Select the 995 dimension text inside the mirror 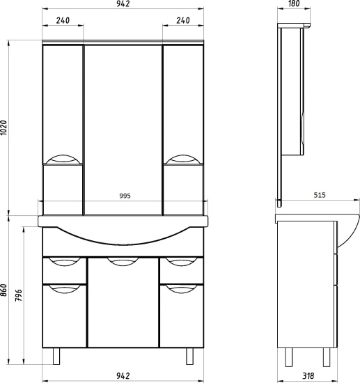point(124,196)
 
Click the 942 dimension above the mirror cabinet point(124,5)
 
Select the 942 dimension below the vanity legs point(124,377)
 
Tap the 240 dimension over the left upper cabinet point(63,20)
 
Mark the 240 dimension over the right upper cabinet point(184,20)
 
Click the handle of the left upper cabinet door point(62,157)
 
